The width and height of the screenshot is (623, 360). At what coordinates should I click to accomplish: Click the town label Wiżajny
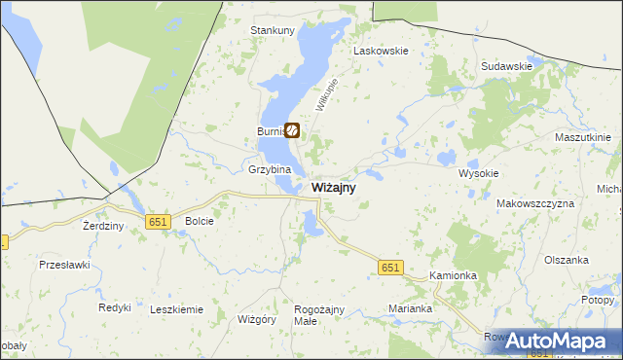pyautogui.click(x=333, y=188)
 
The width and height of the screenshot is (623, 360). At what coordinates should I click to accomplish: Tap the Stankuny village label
pyautogui.click(x=273, y=30)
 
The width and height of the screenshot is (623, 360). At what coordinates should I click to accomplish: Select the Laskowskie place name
pyautogui.click(x=382, y=50)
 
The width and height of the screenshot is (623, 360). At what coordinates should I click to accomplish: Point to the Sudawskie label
pyautogui.click(x=506, y=66)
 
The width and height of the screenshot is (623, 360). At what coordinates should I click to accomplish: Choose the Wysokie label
pyautogui.click(x=478, y=173)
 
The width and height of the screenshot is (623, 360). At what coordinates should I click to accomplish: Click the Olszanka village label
pyautogui.click(x=568, y=260)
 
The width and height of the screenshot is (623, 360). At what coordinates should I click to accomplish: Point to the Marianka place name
pyautogui.click(x=410, y=308)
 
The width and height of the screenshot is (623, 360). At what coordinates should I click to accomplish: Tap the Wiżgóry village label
pyautogui.click(x=258, y=318)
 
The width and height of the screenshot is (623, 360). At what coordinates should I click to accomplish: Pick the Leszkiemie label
pyautogui.click(x=176, y=309)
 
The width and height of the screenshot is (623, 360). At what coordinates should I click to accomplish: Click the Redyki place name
pyautogui.click(x=115, y=307)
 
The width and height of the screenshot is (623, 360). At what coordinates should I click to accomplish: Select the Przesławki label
pyautogui.click(x=64, y=264)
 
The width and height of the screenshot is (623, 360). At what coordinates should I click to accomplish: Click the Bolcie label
pyautogui.click(x=199, y=221)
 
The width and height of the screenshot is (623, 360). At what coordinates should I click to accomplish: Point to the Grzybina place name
pyautogui.click(x=270, y=169)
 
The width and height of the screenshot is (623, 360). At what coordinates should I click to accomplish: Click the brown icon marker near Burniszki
pyautogui.click(x=291, y=129)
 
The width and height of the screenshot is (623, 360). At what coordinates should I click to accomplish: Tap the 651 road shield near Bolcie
pyautogui.click(x=159, y=222)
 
